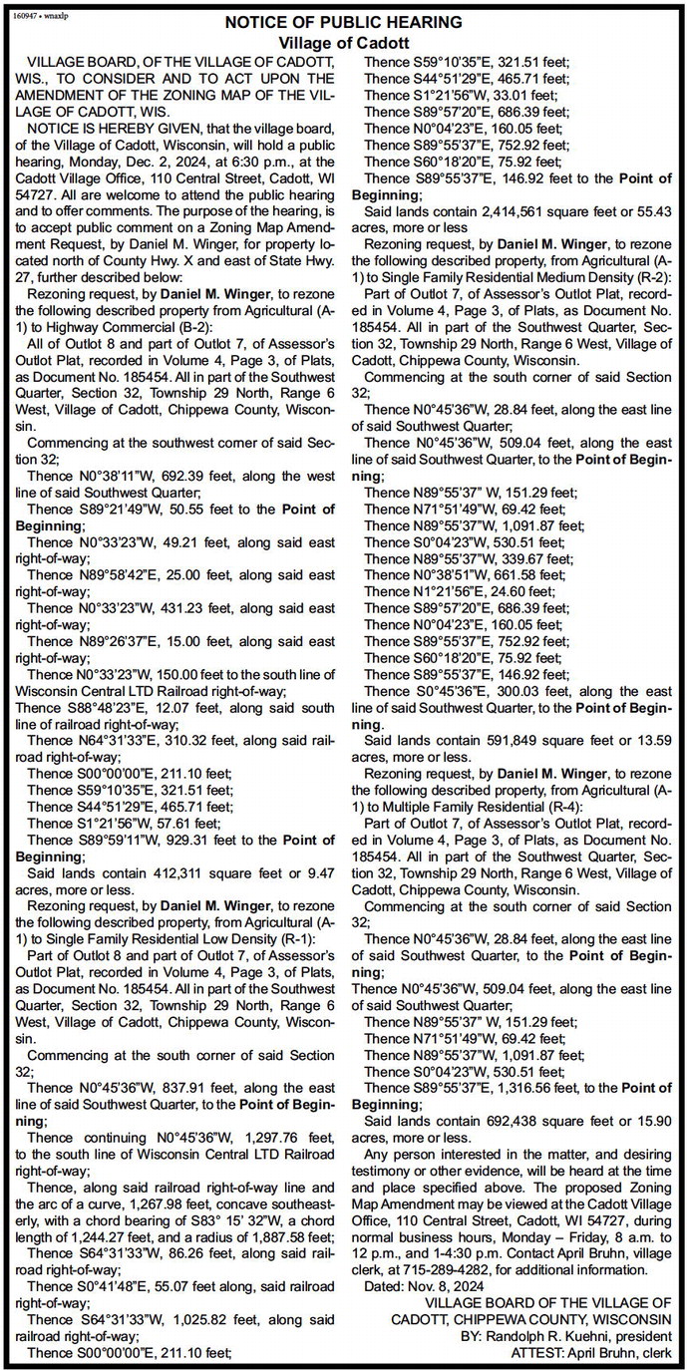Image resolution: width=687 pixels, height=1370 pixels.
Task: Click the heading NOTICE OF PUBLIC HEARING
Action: tap(343, 21)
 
